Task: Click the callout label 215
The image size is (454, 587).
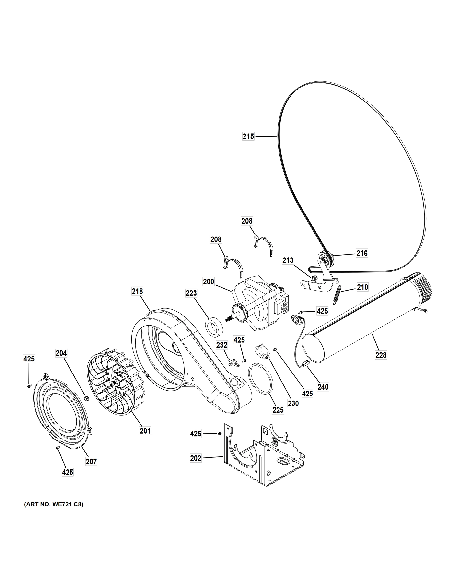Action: [248, 136]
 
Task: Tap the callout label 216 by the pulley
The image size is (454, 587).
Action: [362, 253]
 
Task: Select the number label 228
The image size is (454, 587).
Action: [381, 355]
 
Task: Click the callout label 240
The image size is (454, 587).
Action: [323, 387]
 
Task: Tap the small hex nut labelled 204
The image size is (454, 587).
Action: [87, 398]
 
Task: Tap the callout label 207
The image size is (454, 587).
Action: [91, 462]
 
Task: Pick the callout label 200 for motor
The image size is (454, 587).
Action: [209, 282]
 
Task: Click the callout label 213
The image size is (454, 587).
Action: [288, 260]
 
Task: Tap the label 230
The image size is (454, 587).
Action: [293, 403]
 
